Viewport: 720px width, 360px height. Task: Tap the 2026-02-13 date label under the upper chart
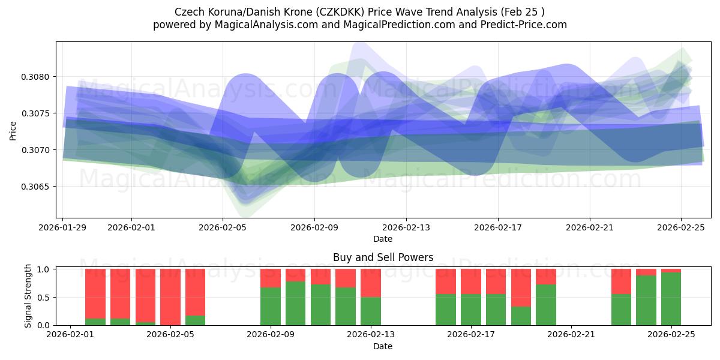click(x=406, y=228)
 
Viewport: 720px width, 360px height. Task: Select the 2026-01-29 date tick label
click(x=63, y=228)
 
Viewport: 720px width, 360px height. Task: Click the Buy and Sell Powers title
click(x=383, y=257)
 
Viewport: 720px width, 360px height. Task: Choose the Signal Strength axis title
click(x=28, y=296)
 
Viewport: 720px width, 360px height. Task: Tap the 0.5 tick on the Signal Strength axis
click(x=45, y=298)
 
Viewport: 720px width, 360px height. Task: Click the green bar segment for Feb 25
click(x=671, y=299)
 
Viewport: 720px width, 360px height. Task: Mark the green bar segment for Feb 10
click(x=296, y=303)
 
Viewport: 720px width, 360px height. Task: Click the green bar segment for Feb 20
click(x=546, y=305)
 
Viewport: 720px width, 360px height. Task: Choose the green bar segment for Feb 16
click(x=446, y=310)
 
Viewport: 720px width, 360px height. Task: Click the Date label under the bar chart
click(x=383, y=346)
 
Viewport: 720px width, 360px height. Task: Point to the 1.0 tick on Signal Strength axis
click(x=45, y=269)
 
